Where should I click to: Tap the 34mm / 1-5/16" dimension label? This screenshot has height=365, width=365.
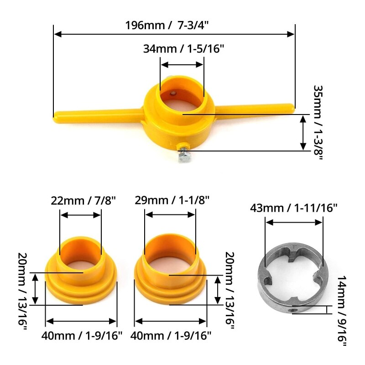[x=184, y=48]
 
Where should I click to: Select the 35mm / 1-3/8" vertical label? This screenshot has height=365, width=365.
[x=318, y=122]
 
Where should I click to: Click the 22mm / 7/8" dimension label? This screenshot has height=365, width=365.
[x=83, y=200]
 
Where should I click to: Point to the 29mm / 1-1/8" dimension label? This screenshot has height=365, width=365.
[x=172, y=200]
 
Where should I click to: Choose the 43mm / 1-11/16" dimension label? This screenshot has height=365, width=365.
[x=294, y=208]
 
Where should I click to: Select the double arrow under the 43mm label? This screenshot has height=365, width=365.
[x=294, y=222]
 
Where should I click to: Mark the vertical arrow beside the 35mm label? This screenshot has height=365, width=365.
[x=303, y=133]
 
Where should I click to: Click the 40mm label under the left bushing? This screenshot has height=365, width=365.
[x=82, y=336]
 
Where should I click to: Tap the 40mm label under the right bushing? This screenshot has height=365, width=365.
[x=171, y=336]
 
